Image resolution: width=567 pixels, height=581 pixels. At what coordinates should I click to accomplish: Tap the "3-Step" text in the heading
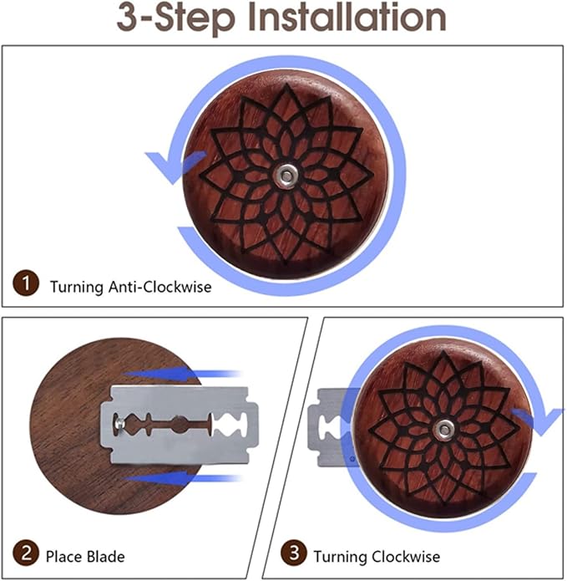point(176,18)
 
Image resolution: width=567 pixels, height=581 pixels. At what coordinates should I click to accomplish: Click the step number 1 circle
point(26,283)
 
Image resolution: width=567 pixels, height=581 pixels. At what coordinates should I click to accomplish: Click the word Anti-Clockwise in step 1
point(159,287)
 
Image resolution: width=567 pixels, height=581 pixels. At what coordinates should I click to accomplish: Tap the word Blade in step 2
point(105,557)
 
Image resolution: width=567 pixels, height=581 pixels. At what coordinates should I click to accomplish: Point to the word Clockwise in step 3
point(406,557)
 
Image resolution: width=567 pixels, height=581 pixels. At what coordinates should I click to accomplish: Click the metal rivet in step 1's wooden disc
point(286,176)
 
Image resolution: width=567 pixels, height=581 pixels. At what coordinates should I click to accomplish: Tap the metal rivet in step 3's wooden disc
point(443,430)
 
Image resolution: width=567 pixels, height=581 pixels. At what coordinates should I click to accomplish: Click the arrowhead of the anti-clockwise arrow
point(173,166)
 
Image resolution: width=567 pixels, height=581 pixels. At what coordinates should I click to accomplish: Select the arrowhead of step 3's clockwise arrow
point(539,421)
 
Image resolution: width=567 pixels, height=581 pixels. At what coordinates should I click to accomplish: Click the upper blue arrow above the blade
point(181,372)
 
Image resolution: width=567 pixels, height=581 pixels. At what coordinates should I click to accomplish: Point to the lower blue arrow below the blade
point(181,477)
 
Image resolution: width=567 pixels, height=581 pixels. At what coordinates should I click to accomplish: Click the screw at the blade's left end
point(119,423)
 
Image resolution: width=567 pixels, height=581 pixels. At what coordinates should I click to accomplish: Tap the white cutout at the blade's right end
point(230,425)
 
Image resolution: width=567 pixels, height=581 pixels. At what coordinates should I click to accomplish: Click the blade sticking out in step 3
point(330,426)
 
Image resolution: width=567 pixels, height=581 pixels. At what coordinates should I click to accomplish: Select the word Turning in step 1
point(77,288)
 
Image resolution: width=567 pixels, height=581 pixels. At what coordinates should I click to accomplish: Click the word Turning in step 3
point(340,558)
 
